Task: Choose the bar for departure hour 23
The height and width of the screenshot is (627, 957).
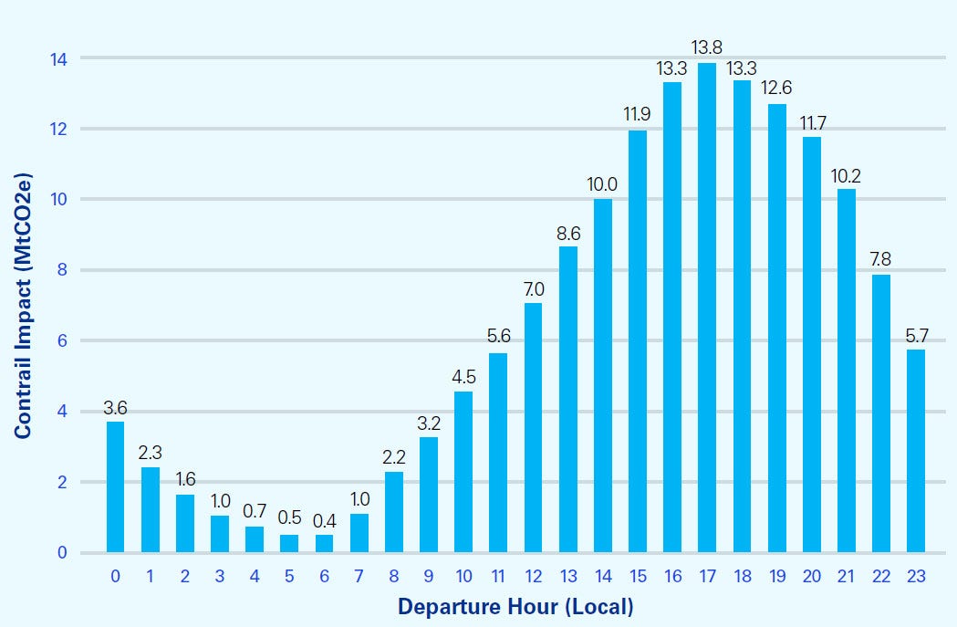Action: [915, 451]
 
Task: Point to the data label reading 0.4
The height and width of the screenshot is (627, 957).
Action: [324, 521]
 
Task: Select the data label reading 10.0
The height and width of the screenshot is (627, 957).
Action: [602, 185]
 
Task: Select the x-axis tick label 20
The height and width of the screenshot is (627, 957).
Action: [811, 576]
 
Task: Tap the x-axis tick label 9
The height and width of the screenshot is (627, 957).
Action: [428, 576]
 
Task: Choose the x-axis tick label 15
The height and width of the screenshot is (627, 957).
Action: [637, 576]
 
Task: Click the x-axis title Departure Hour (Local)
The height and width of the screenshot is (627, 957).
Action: [515, 606]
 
